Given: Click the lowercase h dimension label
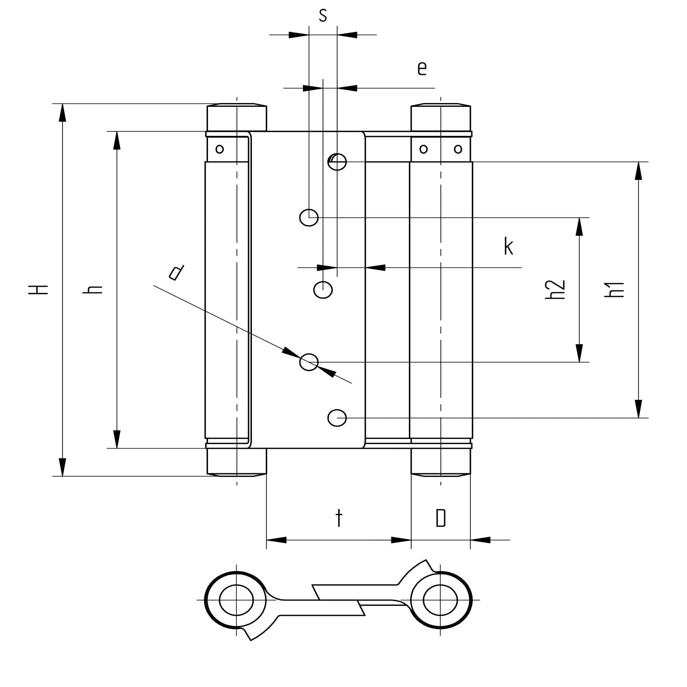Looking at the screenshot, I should tap(93, 289).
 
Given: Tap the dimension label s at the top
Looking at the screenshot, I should tap(323, 16).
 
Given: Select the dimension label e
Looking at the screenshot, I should tap(421, 69).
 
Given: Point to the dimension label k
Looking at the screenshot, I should tap(509, 247).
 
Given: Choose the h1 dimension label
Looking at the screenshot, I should tap(614, 290).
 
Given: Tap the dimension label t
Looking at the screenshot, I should tap(339, 518).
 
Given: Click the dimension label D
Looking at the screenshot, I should tap(441, 518).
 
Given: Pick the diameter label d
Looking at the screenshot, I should tap(176, 272).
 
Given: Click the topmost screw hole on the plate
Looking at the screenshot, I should tap(337, 162).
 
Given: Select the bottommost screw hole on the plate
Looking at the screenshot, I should tap(337, 418).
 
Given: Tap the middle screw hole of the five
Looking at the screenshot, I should tap(323, 289).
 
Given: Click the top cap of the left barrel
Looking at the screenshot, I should tap(236, 117).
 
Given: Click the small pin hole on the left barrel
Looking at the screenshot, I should tap(219, 149).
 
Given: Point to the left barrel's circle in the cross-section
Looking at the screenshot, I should tap(236, 599).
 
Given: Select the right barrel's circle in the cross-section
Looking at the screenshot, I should tap(440, 599).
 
